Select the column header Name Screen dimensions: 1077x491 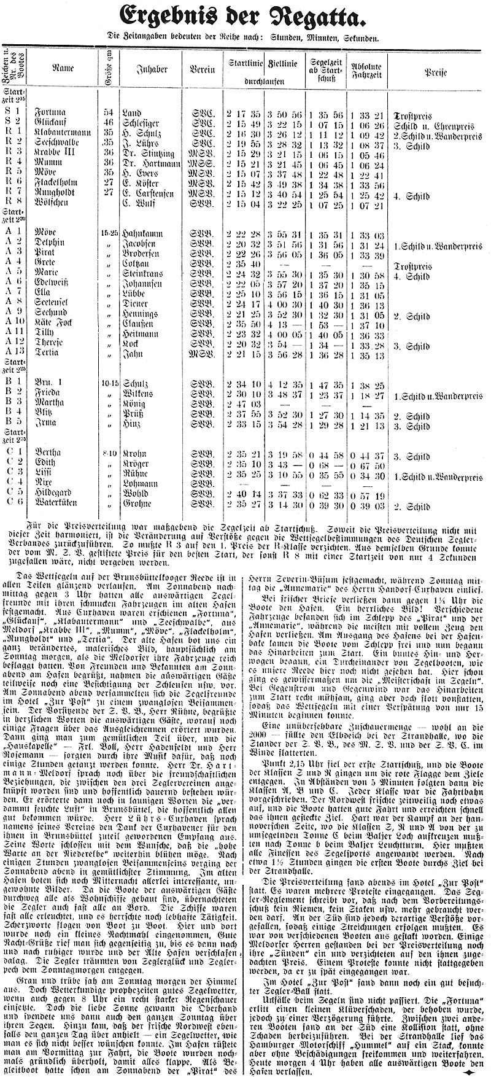click(63, 69)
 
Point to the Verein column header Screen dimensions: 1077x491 click(202, 69)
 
